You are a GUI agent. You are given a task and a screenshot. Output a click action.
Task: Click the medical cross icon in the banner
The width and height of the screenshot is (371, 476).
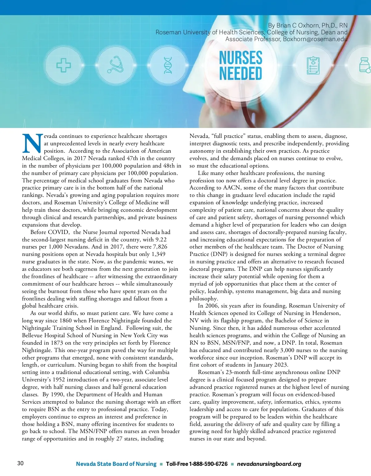63,66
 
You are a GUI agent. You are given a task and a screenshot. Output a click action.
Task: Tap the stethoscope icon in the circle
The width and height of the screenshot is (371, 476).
115,65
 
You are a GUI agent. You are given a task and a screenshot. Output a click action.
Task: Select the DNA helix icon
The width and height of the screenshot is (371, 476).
168,65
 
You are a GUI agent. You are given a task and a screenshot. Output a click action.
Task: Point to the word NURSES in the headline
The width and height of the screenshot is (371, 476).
241,58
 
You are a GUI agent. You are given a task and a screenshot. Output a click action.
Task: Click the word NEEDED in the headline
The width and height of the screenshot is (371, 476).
241,74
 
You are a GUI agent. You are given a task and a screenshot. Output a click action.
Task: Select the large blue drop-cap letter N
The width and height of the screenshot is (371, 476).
32,144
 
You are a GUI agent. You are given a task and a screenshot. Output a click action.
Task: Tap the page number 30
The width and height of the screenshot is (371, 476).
20,463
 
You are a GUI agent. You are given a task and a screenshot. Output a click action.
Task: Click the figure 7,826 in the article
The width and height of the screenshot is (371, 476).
160,247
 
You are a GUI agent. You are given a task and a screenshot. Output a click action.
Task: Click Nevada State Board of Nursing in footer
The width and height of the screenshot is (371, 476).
116,464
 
